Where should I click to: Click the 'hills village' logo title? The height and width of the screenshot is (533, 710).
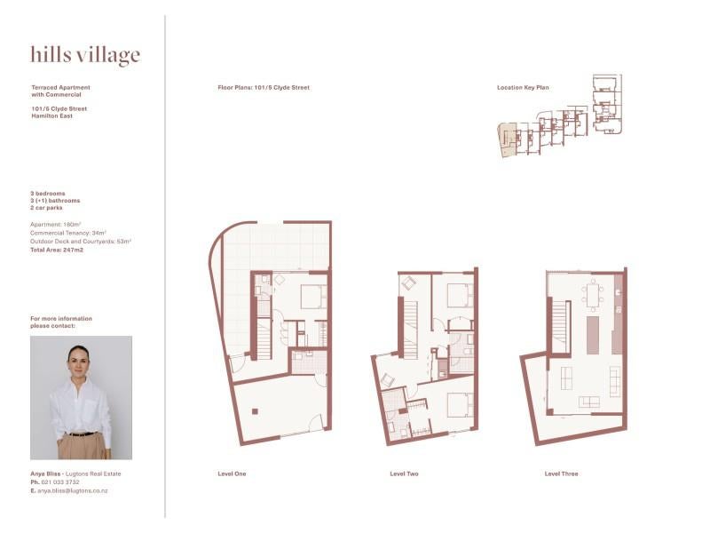(85, 55)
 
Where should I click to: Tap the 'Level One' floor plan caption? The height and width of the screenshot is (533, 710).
(232, 473)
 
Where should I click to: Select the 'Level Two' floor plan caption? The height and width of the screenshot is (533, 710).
(404, 473)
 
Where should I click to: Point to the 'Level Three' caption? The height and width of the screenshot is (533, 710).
(561, 473)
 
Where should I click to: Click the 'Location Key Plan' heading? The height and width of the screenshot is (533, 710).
(523, 87)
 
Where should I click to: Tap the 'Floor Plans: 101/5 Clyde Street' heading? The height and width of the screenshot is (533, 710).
(264, 87)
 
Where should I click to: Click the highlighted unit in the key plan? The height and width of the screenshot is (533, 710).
(507, 139)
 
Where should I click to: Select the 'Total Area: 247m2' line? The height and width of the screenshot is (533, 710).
(57, 250)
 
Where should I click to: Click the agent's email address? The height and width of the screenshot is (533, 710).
(73, 490)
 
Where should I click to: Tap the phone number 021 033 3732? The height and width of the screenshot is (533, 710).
(60, 482)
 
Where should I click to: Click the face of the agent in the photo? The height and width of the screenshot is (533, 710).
(78, 361)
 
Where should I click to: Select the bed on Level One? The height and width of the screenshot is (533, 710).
(314, 297)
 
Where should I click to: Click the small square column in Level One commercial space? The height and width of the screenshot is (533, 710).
(255, 411)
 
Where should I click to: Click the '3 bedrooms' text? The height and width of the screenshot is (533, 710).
(48, 194)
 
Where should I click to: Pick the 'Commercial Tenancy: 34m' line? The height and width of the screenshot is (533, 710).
(68, 233)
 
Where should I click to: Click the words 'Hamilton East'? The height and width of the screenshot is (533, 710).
(51, 116)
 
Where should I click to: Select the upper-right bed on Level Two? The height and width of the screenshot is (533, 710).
(461, 296)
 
